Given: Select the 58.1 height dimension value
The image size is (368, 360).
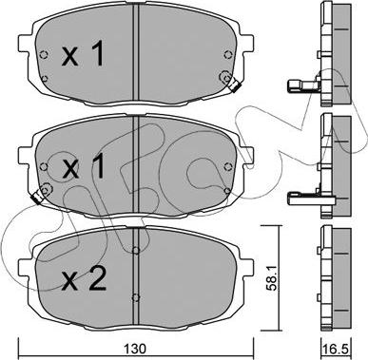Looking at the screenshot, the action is [272, 278].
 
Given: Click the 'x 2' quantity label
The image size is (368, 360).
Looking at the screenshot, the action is [84, 278].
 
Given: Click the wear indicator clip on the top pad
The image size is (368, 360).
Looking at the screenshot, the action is [234, 85].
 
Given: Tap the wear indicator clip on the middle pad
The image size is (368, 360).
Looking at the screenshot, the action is [37, 198].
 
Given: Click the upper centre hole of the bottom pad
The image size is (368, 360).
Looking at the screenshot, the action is [136, 251].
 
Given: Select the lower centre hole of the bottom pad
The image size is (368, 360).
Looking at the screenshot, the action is [136, 297].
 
